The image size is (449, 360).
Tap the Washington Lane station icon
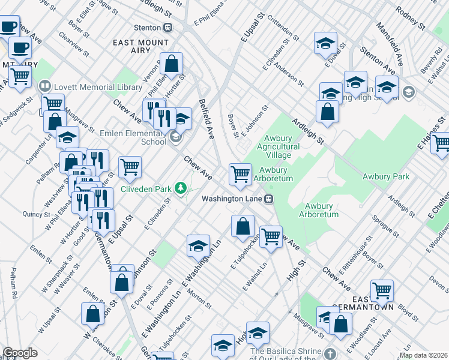(x=270, y=199)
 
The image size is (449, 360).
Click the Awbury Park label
(x=385, y=176)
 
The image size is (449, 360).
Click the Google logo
(x=20, y=353)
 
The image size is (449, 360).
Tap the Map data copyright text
(x=424, y=355)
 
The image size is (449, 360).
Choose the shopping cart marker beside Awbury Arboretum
(x=241, y=174)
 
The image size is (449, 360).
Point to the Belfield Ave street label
(x=206, y=119)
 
